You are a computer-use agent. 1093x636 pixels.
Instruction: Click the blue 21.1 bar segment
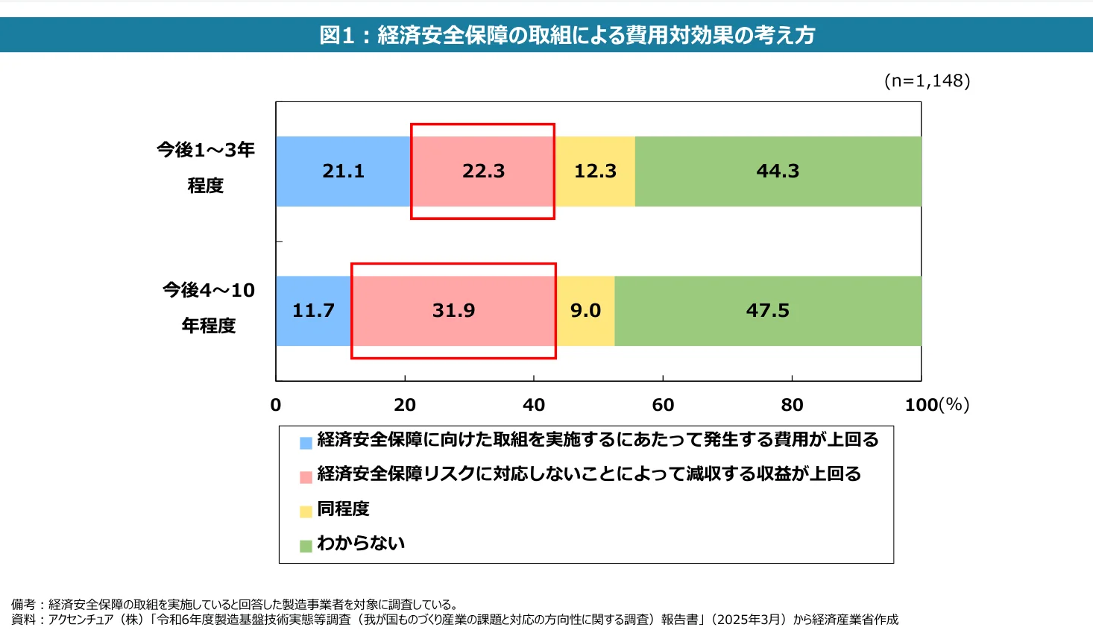point(343,171)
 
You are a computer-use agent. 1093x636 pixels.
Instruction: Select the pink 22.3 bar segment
point(483,171)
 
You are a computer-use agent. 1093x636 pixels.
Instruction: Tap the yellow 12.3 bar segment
point(595,171)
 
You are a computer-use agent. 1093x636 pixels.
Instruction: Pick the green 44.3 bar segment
point(778,171)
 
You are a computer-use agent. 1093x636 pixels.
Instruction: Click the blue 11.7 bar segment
point(313,311)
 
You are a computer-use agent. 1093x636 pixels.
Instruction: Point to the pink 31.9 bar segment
point(453,311)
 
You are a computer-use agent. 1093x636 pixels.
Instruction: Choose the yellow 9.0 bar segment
point(585,311)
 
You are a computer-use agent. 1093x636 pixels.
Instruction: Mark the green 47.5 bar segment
point(768,311)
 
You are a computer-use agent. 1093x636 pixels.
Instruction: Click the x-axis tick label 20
point(405,405)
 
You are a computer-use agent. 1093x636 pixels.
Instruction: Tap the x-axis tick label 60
point(663,405)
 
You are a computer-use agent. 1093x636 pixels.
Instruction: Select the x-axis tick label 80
point(792,405)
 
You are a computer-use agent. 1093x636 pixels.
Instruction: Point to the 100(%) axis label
point(936,405)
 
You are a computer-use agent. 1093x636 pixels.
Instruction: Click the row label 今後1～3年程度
point(206,168)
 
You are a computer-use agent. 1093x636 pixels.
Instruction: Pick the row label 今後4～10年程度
point(209,307)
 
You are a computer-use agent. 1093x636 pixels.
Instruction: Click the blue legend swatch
point(306,443)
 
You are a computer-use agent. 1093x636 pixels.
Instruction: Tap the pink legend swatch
point(306,477)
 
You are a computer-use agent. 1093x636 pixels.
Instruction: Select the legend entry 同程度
point(343,509)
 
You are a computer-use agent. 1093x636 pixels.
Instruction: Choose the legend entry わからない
point(361,544)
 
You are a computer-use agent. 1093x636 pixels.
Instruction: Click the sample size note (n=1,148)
point(927,81)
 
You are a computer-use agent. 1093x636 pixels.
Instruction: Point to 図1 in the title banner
point(336,35)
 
